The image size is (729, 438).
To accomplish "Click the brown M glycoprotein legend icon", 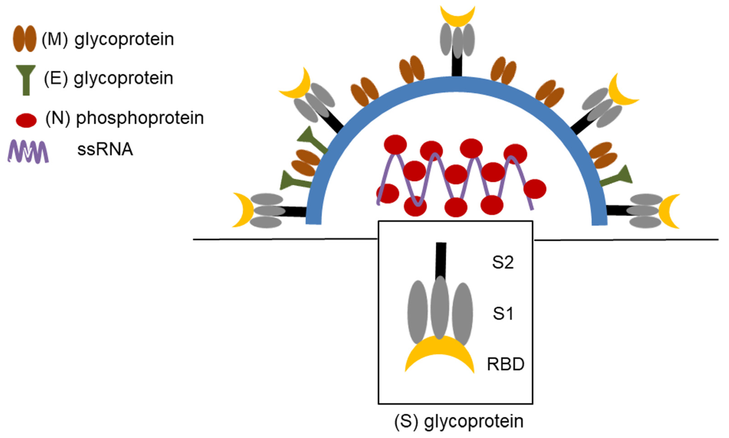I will point(24,39).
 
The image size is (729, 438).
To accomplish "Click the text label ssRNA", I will point(105,149).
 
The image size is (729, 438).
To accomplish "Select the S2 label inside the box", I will point(503,262).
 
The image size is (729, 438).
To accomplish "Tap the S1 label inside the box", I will point(503,313).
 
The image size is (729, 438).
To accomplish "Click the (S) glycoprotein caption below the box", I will point(459,421).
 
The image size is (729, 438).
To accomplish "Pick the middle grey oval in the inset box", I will point(440,307).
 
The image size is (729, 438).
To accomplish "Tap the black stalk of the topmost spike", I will point(457,66).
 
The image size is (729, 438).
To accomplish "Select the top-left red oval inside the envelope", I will point(395,144).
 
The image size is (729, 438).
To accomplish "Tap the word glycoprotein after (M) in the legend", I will point(124,39).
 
